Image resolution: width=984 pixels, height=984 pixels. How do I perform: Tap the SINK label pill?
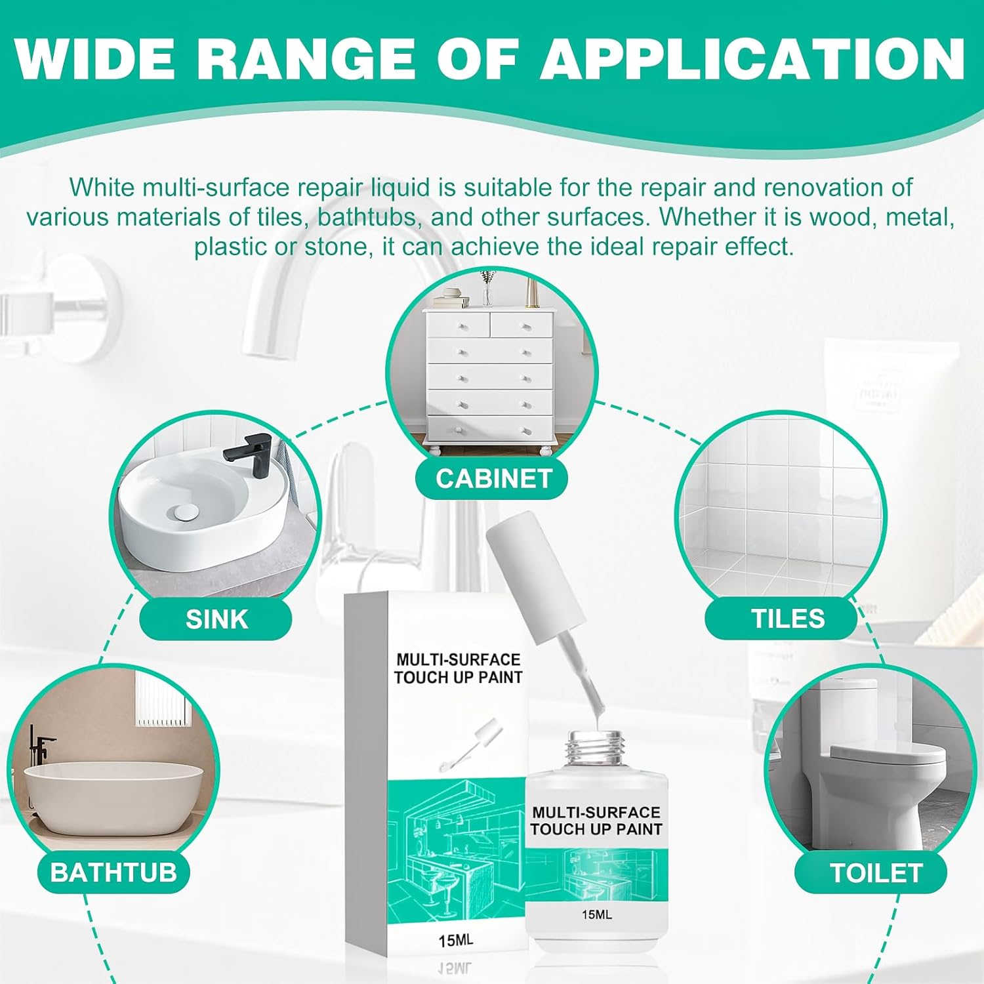tap(216, 619)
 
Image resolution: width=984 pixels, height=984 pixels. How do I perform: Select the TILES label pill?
tap(787, 619)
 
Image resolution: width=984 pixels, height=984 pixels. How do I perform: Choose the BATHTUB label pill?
tap(113, 872)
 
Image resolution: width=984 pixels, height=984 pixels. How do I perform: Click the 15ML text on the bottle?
tap(596, 914)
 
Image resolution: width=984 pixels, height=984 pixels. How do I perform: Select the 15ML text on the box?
tap(455, 940)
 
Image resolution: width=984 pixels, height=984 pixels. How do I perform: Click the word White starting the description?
tap(102, 188)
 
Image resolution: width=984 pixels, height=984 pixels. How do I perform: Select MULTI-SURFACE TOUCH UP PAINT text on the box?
tap(458, 668)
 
